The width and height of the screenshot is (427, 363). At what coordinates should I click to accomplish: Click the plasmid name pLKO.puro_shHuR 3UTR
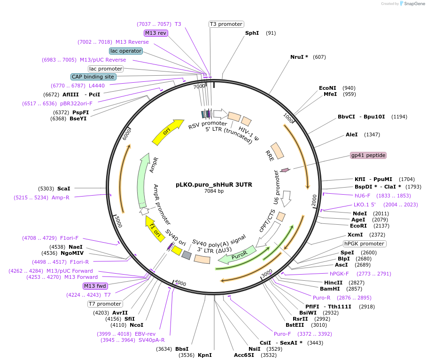pyautogui.click(x=214, y=185)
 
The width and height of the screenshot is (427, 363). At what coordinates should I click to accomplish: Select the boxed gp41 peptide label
pyautogui.click(x=368, y=155)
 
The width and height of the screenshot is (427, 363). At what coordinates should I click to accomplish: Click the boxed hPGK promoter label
pyautogui.click(x=365, y=244)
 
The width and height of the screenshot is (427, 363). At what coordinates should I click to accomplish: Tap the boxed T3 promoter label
pyautogui.click(x=226, y=24)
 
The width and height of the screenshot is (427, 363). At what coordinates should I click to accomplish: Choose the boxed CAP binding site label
pyautogui.click(x=93, y=77)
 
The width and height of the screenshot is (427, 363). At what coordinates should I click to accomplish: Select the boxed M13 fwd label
pyautogui.click(x=95, y=286)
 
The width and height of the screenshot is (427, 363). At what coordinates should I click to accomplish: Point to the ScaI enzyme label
pyautogui.click(x=64, y=188)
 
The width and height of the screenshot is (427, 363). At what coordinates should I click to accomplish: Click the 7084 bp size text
pyautogui.click(x=214, y=191)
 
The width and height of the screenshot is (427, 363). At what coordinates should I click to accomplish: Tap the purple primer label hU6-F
pyautogui.click(x=362, y=196)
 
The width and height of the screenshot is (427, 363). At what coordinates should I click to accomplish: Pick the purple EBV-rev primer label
pyautogui.click(x=145, y=334)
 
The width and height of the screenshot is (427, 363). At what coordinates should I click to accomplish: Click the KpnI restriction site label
pyautogui.click(x=205, y=355)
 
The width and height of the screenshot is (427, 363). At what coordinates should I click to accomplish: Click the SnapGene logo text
pyautogui.click(x=414, y=4)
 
